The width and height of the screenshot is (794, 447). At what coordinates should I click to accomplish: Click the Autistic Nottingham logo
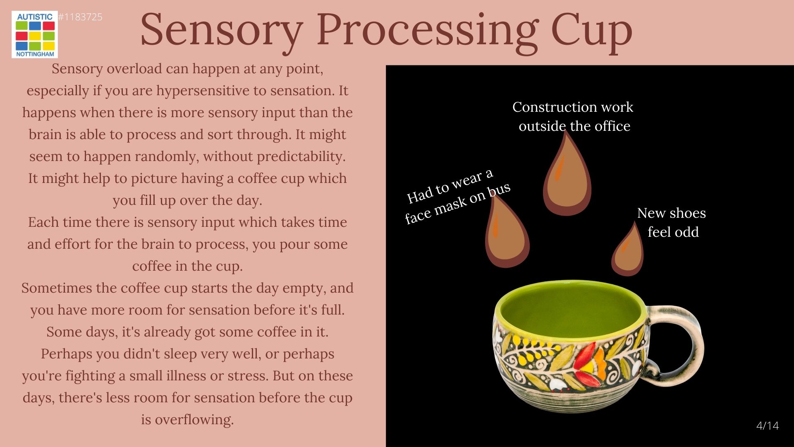[35, 34]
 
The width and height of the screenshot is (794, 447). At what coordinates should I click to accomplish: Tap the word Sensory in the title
[222, 31]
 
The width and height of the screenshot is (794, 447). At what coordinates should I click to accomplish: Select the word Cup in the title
[591, 31]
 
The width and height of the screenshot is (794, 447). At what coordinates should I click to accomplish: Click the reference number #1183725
[80, 17]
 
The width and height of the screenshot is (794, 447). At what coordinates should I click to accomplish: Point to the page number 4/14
[768, 425]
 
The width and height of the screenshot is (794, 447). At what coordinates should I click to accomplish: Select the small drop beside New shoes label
[628, 250]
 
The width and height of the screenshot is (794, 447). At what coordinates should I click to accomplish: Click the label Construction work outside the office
[573, 116]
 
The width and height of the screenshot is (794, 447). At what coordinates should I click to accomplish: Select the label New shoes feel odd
[672, 222]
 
